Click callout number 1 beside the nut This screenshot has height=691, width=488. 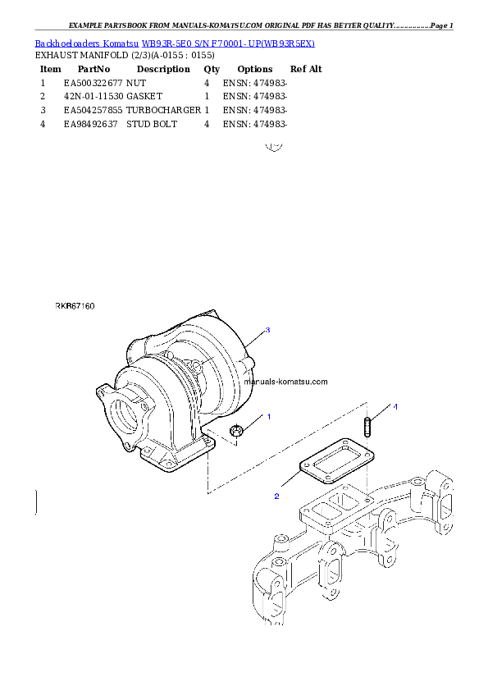pos(268,417)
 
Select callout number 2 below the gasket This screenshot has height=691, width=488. pos(276,497)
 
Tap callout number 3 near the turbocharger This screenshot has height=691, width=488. pos(267,330)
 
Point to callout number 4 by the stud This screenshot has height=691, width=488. pos(395,407)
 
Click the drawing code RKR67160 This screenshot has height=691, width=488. pos(75,306)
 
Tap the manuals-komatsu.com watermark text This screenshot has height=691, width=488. pos(286,382)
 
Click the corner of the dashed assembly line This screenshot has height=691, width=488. pos(207,492)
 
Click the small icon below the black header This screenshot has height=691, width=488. pos(275,148)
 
